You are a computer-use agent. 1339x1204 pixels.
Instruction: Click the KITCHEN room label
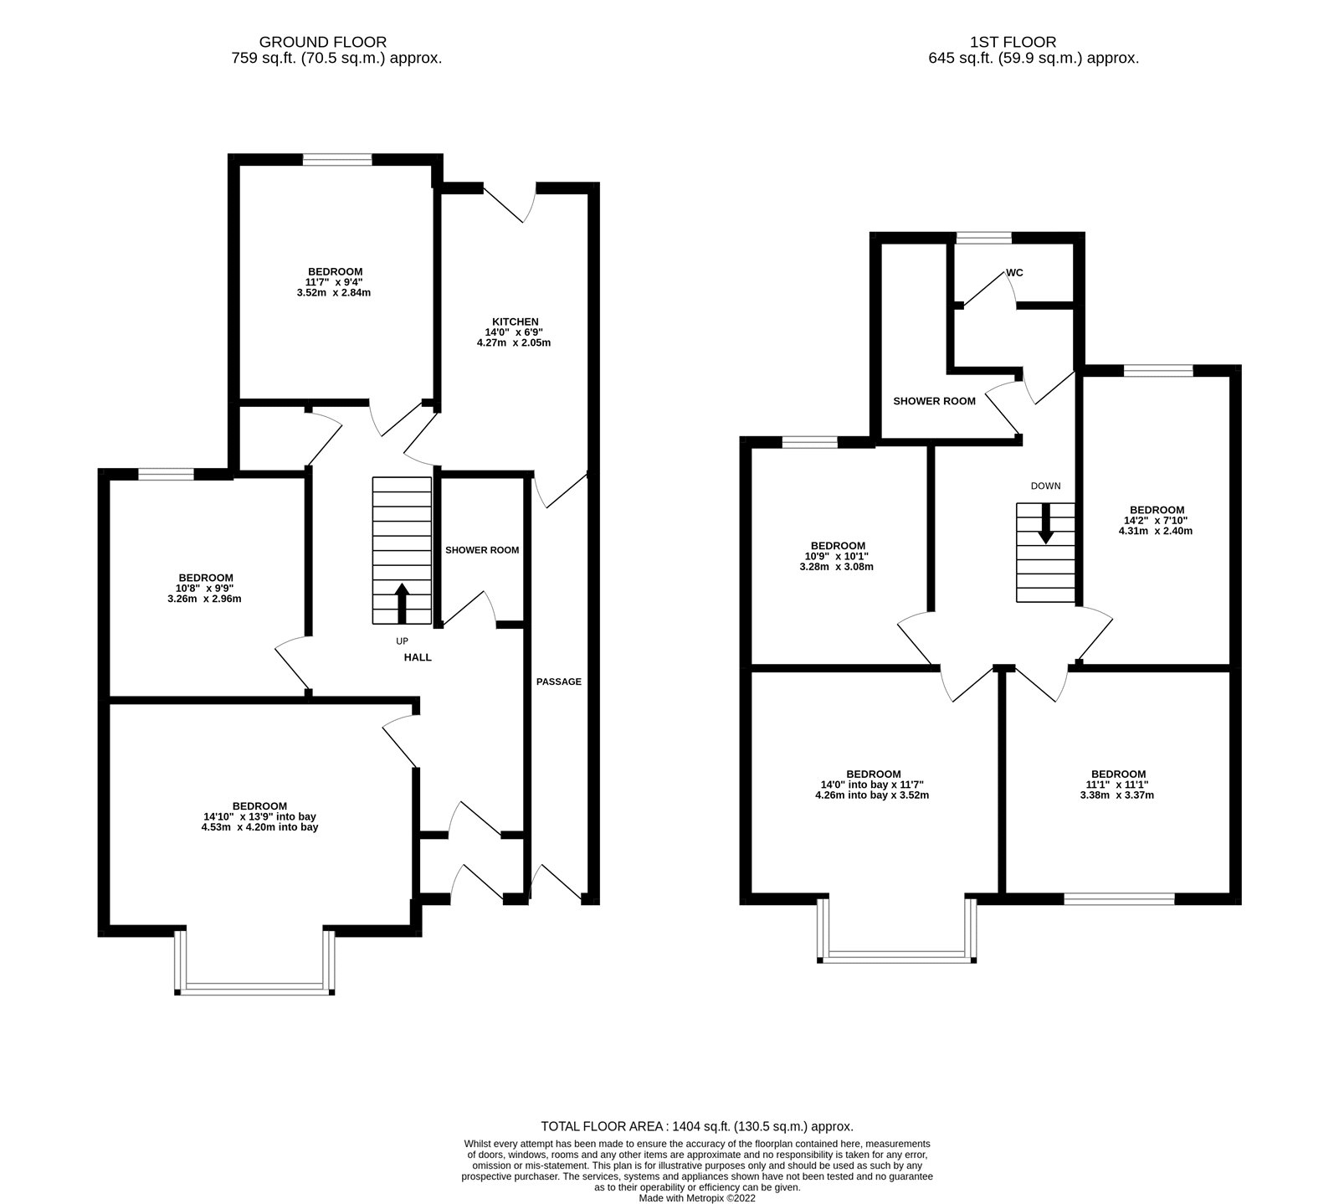(x=514, y=322)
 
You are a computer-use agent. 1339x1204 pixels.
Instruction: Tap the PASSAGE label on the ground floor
(x=558, y=682)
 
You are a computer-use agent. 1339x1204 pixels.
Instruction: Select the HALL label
(x=418, y=657)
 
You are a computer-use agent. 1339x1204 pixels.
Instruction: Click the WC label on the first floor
(x=1014, y=273)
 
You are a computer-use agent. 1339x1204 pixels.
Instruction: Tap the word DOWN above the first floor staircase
(x=1045, y=486)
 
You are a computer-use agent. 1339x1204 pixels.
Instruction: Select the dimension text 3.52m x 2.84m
(x=335, y=293)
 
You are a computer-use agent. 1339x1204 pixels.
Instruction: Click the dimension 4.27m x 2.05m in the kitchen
(x=514, y=342)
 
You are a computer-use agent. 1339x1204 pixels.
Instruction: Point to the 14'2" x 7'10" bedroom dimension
(x=1157, y=520)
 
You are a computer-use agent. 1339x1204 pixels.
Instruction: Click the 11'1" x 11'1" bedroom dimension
(x=1118, y=785)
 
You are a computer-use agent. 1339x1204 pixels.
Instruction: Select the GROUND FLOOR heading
(x=323, y=41)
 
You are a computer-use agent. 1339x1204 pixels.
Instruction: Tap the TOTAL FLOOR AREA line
(x=696, y=1126)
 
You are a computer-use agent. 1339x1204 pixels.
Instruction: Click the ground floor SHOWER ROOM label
(x=481, y=550)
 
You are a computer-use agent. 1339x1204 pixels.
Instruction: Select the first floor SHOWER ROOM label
(x=934, y=401)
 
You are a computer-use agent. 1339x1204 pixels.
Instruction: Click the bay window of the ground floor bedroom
(x=255, y=989)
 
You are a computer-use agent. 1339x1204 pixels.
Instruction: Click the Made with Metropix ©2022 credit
(x=696, y=1198)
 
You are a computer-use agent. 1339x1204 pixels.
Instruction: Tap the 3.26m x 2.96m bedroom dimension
(x=205, y=599)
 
